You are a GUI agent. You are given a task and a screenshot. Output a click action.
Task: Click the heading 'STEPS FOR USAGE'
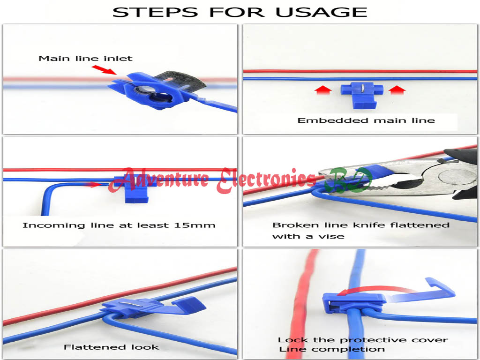coord(240,11)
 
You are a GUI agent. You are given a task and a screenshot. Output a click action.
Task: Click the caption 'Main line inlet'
coord(85,59)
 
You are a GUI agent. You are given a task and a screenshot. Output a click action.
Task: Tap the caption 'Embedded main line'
coord(366,120)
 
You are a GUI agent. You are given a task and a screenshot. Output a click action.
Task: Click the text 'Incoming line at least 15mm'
coord(119,225)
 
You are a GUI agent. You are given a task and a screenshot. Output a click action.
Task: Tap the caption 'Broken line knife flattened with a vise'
coord(360,230)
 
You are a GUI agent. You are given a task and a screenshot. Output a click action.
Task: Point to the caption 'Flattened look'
coord(111,347)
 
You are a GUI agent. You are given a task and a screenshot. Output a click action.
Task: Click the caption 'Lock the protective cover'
coord(363,340)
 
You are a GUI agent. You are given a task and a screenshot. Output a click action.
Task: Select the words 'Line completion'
coord(332,349)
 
